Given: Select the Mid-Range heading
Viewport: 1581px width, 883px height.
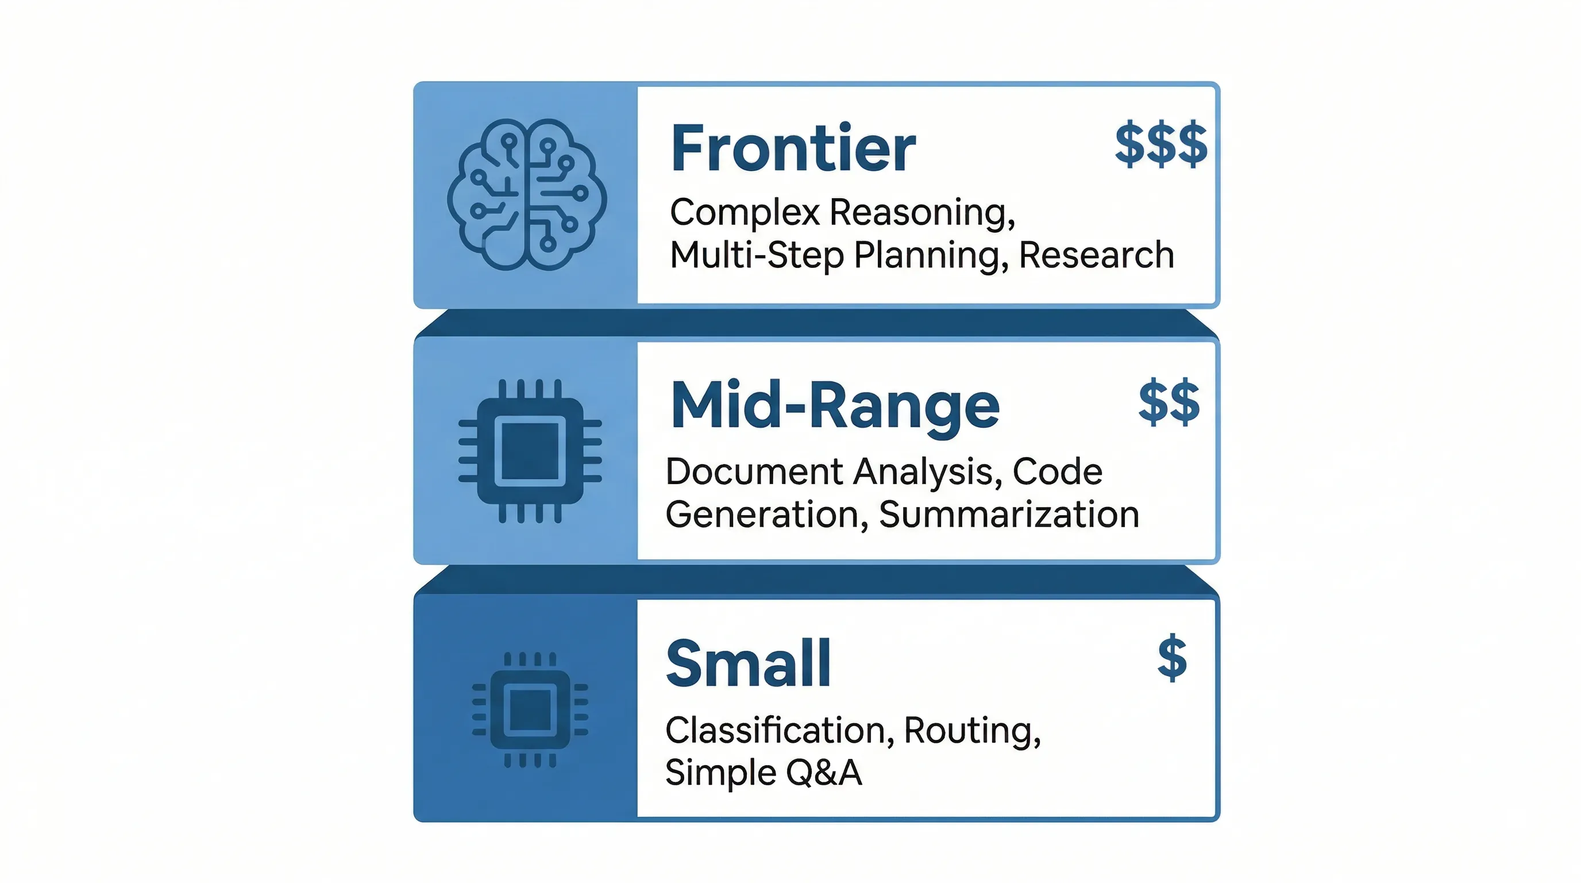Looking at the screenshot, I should point(835,406).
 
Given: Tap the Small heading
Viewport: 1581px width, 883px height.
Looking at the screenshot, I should point(749,664).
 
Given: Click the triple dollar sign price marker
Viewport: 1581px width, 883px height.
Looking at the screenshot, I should point(1160,145).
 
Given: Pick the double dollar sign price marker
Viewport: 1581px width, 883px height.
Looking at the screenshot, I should point(1169,403).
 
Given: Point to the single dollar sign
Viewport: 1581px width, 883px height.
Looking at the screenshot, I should point(1171,658).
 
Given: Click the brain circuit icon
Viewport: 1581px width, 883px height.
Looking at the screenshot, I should point(527,195).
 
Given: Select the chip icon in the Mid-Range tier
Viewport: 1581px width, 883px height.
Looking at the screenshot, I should point(530,451).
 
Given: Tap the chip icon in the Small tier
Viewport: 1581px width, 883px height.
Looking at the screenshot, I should point(530,709).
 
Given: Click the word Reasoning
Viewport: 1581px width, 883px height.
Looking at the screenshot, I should point(922,213).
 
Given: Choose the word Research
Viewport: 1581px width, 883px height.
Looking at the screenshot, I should point(1096,255).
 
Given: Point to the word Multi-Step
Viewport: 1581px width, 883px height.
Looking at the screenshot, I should point(756,255).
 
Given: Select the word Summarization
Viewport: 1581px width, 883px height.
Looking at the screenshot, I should point(1009,515).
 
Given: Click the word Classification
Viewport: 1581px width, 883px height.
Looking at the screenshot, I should point(775,731).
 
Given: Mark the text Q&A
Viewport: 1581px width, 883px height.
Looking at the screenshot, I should point(824,773).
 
